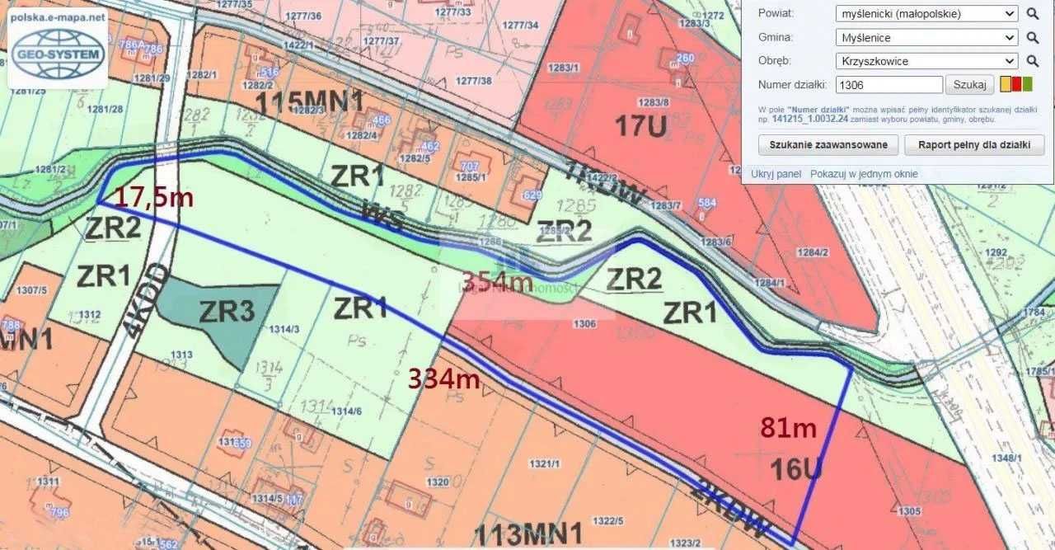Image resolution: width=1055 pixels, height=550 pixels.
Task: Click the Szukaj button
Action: coord(969,84)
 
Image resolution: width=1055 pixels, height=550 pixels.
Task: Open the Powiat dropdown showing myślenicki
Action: coord(926,14)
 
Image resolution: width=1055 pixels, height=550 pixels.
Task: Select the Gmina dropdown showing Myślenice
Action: coord(926,37)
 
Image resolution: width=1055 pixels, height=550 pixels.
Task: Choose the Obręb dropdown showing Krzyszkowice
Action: coord(926,61)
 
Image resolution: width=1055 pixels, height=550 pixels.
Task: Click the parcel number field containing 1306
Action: coord(889,84)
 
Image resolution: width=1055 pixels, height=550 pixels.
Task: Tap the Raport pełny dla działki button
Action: coord(974,145)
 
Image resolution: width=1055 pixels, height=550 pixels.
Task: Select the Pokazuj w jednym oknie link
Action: coord(864,174)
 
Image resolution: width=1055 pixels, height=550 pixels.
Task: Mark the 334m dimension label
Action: coord(444,378)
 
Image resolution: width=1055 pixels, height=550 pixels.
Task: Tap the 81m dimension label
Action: coord(789,429)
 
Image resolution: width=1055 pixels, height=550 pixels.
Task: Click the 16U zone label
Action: coord(796,468)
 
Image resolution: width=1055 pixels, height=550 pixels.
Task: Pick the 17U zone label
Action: coord(640,125)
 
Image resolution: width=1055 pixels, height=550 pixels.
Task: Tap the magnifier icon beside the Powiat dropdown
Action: coord(1033,14)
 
